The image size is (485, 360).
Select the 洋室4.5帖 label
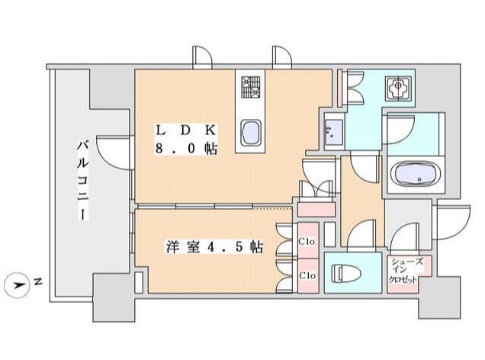pyautogui.click(x=215, y=248)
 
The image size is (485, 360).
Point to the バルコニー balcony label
pyautogui.click(x=82, y=180)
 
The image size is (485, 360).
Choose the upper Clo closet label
pyautogui.click(x=307, y=241)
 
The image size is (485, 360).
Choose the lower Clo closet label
pyautogui.click(x=307, y=275)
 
